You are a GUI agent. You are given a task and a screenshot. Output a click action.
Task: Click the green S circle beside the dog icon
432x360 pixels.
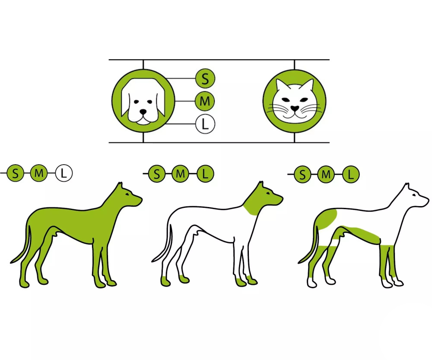(205, 79)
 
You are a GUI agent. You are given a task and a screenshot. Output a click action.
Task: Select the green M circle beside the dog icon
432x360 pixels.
(205, 101)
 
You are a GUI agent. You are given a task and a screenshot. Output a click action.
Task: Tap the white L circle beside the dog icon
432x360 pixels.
(205, 124)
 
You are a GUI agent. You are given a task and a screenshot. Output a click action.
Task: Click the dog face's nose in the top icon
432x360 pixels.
(143, 112)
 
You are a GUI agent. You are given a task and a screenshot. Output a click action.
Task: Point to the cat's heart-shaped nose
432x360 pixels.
(295, 108)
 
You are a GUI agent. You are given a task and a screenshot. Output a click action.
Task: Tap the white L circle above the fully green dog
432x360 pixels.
(64, 173)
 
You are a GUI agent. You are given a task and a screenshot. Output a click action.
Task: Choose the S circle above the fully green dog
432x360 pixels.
(15, 173)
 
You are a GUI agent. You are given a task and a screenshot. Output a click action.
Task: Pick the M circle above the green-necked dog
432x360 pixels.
(180, 174)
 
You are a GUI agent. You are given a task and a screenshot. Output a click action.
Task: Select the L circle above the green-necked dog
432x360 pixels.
(205, 174)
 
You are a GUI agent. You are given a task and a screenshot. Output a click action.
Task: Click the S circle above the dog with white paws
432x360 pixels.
(302, 174)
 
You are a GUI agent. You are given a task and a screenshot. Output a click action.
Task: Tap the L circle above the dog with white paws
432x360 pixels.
(351, 174)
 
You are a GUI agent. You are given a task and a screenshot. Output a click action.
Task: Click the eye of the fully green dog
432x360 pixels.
(127, 195)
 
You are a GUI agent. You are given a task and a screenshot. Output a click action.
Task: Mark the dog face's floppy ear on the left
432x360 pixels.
(126, 104)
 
